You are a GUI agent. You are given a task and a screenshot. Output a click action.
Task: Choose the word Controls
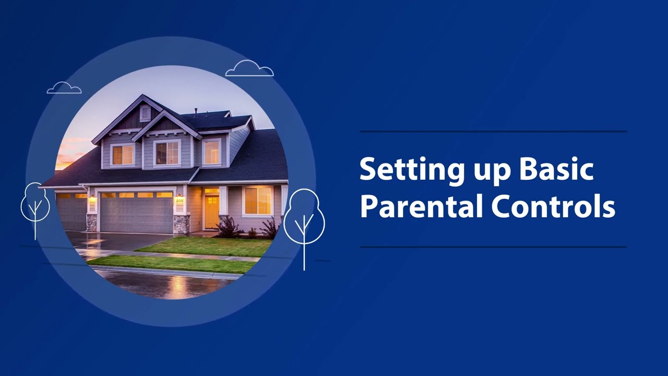[553, 207]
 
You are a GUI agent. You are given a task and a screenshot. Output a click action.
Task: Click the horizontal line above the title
[493, 132]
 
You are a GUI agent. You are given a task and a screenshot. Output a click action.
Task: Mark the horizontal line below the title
[493, 247]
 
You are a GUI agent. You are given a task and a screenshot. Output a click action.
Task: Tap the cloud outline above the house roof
[249, 69]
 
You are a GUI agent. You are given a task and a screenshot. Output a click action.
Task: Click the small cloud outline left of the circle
[64, 88]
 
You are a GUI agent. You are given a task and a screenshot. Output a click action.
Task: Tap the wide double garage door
[136, 213]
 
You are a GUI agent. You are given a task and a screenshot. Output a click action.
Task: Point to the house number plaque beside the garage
[180, 201]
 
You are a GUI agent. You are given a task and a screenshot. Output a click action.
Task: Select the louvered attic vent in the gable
[145, 113]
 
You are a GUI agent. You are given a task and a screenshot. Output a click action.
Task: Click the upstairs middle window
[167, 153]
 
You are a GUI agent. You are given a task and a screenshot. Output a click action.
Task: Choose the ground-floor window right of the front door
[258, 201]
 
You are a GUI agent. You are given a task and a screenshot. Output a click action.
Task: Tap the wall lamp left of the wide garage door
[92, 198]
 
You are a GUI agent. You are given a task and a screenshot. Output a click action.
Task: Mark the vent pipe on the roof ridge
[196, 112]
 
